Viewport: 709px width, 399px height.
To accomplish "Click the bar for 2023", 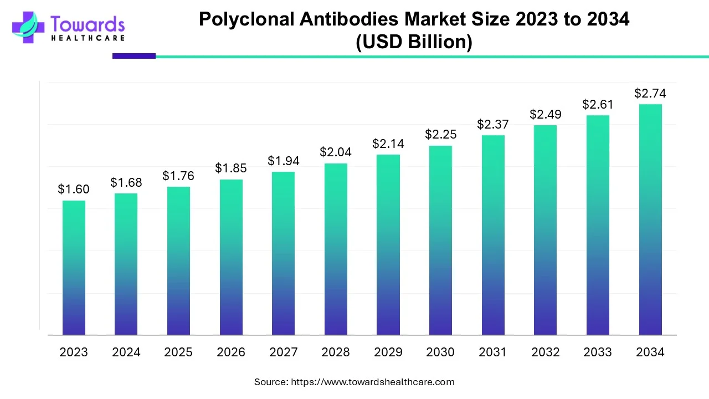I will coord(74,268).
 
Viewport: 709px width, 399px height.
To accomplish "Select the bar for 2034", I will coord(650,219).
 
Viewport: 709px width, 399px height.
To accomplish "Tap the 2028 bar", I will coord(336,249).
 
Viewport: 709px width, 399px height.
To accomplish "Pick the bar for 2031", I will coord(493,235).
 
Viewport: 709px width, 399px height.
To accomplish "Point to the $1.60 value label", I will coord(74,190).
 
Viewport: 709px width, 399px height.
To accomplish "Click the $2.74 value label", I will coord(650,93).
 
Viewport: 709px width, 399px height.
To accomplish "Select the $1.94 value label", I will coord(284,161).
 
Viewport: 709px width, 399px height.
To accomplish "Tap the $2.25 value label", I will coord(441,134).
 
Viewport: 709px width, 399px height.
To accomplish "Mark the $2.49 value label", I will coord(546,114).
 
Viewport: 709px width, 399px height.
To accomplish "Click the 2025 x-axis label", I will coord(178,352).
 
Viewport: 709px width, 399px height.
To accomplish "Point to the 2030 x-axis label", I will coord(441,352).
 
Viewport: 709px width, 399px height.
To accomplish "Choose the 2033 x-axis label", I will coord(598,352).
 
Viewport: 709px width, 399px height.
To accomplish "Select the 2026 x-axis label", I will coord(231,352).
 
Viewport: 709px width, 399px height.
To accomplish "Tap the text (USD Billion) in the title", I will coord(414,42).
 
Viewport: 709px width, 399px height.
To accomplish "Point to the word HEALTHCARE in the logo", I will coord(88,38).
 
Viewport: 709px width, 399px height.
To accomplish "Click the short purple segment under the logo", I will coord(134,56).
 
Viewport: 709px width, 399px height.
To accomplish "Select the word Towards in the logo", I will coord(88,24).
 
